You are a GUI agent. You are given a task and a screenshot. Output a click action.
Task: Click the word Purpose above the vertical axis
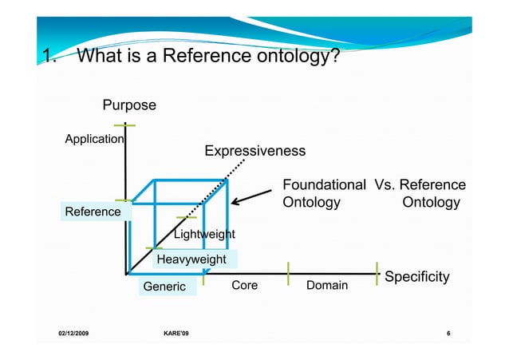[129, 105]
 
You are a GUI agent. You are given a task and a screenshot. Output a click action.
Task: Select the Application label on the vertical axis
[94, 139]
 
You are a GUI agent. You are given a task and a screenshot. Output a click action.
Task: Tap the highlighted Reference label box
[93, 212]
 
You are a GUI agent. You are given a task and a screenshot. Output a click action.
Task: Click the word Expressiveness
[254, 152]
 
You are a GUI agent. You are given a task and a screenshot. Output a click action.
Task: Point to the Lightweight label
[204, 235]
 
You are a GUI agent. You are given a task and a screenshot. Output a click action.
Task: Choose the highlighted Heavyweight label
[191, 259]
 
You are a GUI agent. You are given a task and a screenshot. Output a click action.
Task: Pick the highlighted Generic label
[164, 287]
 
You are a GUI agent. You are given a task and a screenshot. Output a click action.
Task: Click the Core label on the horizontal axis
[244, 285]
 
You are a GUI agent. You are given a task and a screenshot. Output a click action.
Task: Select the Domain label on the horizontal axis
[326, 285]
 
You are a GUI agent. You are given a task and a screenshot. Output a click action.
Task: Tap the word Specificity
[417, 277]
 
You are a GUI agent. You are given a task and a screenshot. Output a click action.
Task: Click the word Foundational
[324, 186]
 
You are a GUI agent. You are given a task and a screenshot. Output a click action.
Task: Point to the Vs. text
[387, 186]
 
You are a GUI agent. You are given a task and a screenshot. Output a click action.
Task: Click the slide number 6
[449, 332]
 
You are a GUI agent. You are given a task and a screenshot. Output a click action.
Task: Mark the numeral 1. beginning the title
[49, 57]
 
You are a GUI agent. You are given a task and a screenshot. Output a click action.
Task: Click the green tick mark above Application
[124, 125]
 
